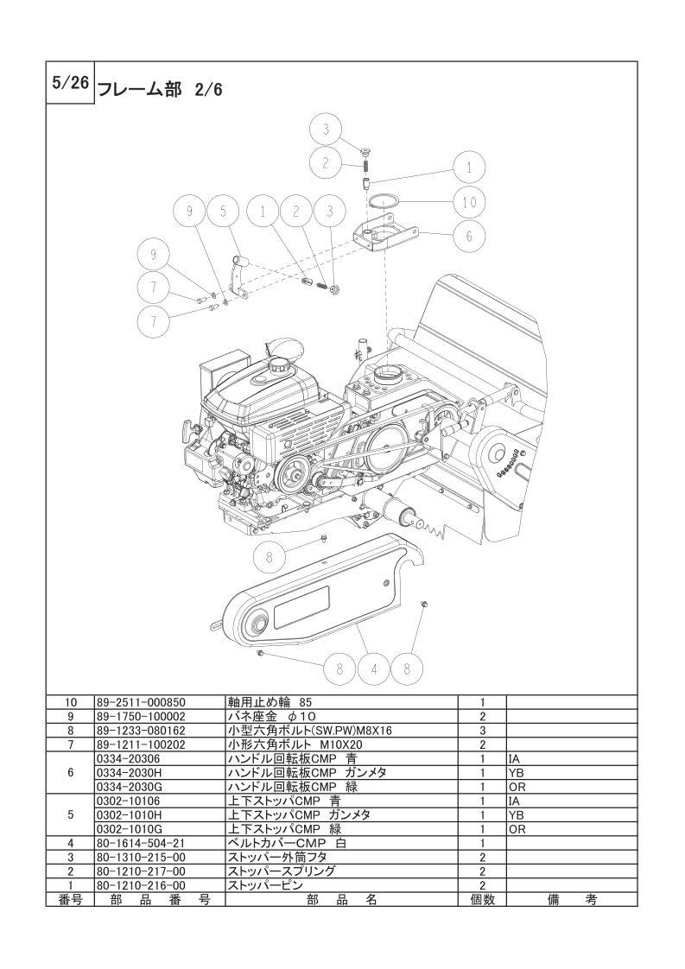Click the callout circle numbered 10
pyautogui.click(x=469, y=201)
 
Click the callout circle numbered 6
pyautogui.click(x=469, y=236)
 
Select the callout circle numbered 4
pyautogui.click(x=373, y=668)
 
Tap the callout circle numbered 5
pyautogui.click(x=224, y=211)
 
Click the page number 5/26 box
pyautogui.click(x=70, y=83)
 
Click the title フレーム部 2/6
pyautogui.click(x=160, y=90)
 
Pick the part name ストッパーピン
pyautogui.click(x=266, y=885)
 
